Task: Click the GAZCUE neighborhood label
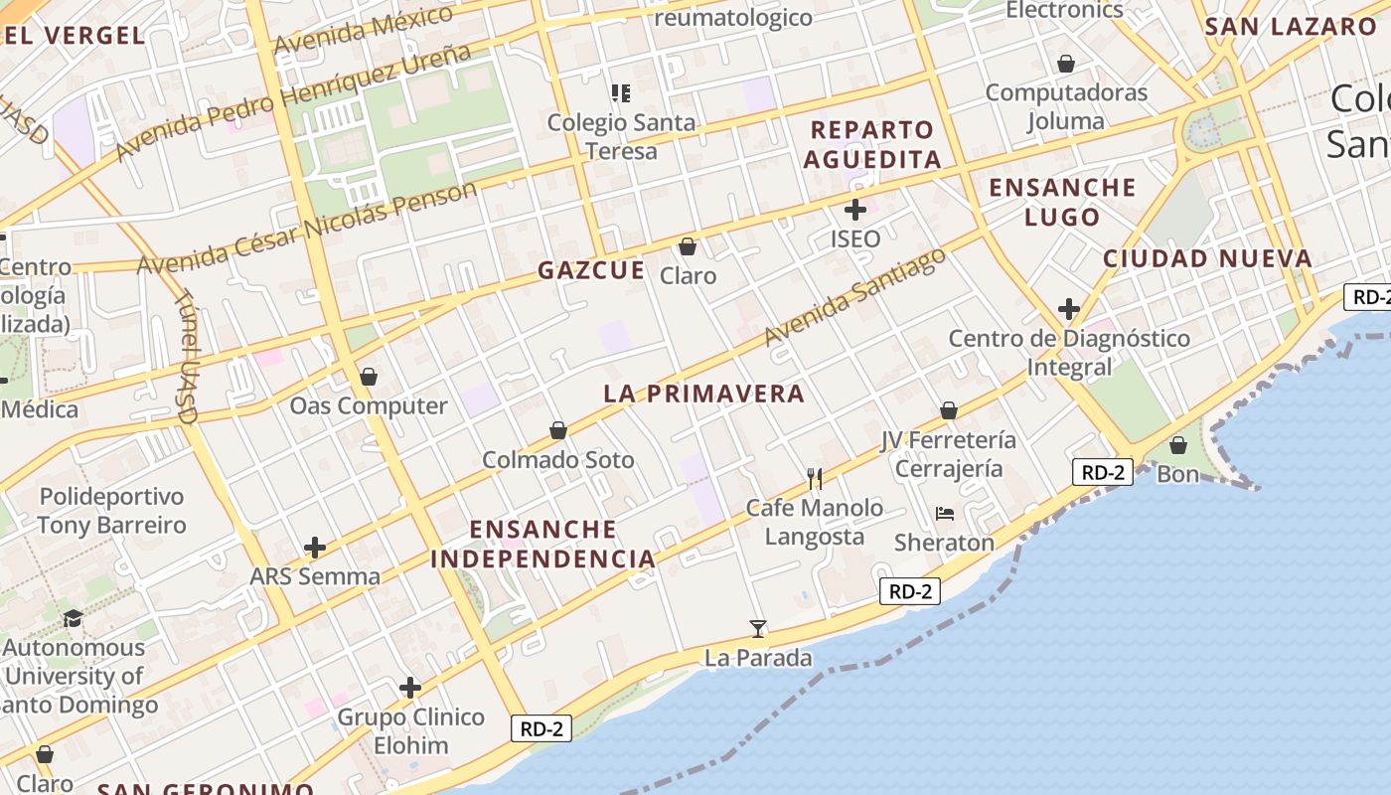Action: coord(591,270)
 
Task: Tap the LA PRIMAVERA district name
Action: coord(703,394)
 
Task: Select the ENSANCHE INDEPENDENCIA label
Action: coord(543,544)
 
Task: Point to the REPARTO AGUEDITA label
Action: coord(872,144)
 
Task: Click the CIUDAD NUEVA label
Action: coord(1207,259)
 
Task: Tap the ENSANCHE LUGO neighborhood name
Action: coord(1062,202)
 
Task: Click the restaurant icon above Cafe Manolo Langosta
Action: coord(816,479)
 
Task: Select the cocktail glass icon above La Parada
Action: coord(758,628)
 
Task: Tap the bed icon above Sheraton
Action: coord(944,514)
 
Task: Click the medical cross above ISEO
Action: coord(854,210)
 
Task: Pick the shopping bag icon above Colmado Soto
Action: coord(558,430)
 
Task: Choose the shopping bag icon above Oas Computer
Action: coord(369,377)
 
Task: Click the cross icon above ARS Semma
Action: coord(315,548)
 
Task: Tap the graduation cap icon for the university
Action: coord(73,619)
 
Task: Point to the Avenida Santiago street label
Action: coord(854,298)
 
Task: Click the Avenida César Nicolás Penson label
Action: coord(307,229)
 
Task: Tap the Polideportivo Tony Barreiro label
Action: coord(111,511)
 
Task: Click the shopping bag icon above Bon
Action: coord(1178,445)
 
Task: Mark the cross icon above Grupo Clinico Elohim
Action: coord(410,688)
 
